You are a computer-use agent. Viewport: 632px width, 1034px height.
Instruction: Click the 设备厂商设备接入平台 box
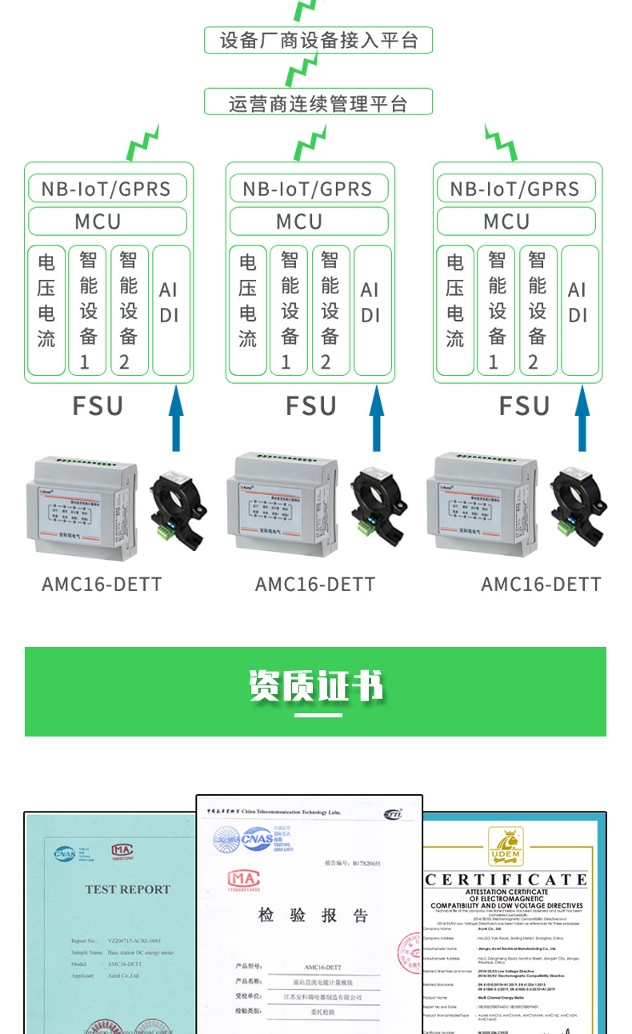point(318,40)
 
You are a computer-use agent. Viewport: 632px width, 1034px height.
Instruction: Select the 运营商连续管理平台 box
point(318,102)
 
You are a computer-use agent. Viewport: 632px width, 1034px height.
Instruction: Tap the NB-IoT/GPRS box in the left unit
point(107,189)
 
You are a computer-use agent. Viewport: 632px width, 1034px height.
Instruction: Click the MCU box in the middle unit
point(309,221)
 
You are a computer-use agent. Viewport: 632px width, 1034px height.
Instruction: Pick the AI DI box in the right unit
point(579,310)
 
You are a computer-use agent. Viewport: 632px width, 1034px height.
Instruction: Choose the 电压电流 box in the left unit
point(46,310)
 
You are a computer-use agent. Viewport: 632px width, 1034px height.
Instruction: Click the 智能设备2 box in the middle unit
point(330,310)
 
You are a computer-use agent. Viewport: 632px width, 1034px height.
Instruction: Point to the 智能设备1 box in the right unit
point(497,310)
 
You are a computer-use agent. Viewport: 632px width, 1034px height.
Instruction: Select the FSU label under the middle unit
point(311,405)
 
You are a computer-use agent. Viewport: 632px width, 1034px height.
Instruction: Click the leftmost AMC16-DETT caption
point(102,585)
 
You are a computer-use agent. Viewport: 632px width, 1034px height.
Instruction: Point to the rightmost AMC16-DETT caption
point(541,585)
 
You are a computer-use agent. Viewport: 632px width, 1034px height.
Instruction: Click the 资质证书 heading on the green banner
point(315,685)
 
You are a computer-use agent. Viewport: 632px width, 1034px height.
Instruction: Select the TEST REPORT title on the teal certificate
point(128,889)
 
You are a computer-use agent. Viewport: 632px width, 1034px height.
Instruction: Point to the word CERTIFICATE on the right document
point(506,880)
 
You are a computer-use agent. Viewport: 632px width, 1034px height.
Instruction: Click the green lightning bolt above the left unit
point(143,143)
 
